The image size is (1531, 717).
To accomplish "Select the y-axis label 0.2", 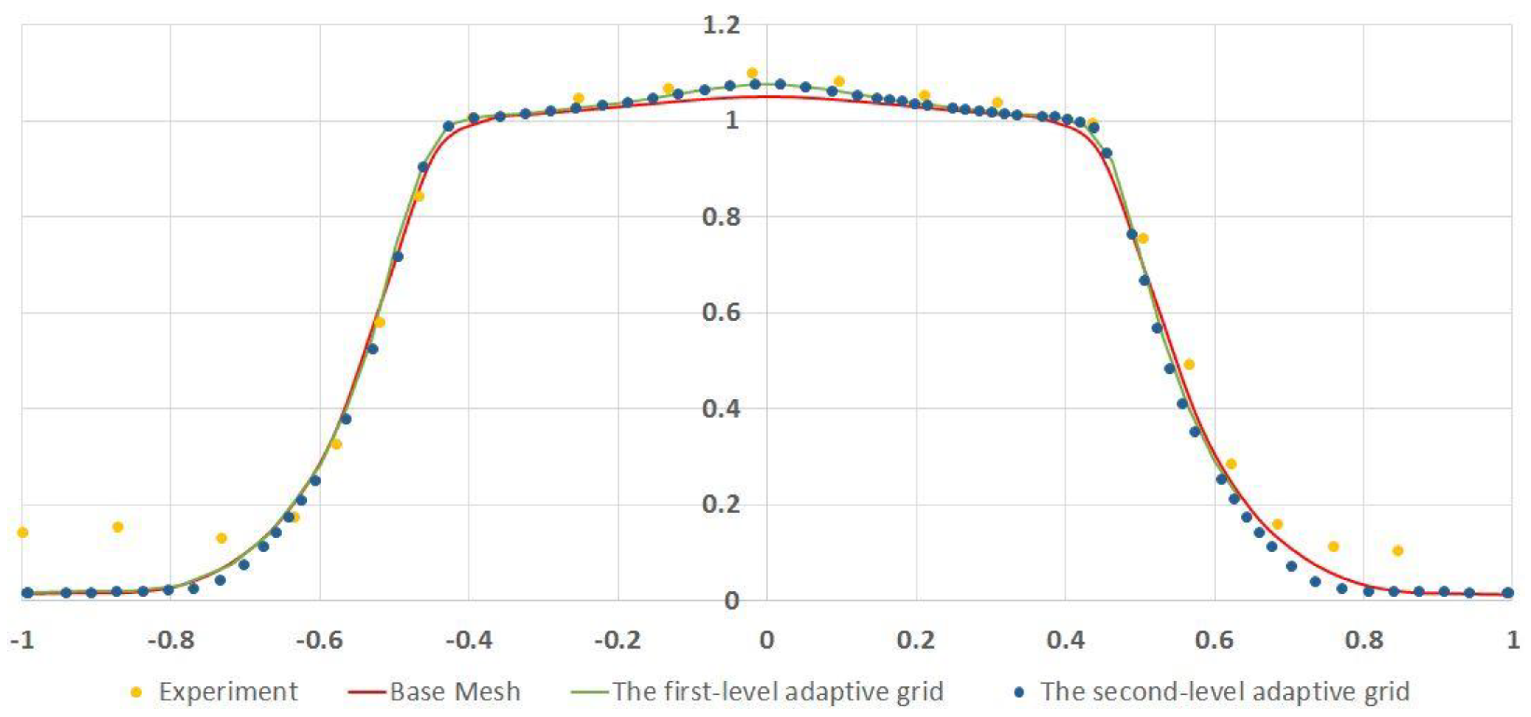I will click(x=721, y=504).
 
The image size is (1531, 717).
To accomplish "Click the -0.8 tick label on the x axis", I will click(x=170, y=640).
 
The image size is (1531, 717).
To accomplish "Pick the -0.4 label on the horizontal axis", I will click(x=469, y=640).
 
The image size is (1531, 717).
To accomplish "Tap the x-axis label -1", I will click(x=22, y=640).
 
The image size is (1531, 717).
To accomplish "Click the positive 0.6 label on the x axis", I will click(x=1214, y=640).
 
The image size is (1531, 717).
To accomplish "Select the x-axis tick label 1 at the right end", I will click(x=1513, y=640).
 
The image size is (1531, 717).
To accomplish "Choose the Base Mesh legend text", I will click(x=455, y=692).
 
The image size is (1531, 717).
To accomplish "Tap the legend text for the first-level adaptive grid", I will click(x=778, y=692).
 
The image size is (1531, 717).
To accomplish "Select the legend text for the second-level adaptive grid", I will click(x=1225, y=692).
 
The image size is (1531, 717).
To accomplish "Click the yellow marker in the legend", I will click(x=136, y=692).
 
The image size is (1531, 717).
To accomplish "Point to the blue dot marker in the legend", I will click(x=1020, y=692).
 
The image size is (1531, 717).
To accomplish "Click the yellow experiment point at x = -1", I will click(x=22, y=532).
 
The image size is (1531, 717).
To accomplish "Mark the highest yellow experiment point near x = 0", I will click(x=752, y=73).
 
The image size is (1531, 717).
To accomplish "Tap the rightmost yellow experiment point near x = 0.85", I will click(x=1398, y=550).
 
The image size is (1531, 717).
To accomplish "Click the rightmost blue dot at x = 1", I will click(x=1508, y=593).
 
